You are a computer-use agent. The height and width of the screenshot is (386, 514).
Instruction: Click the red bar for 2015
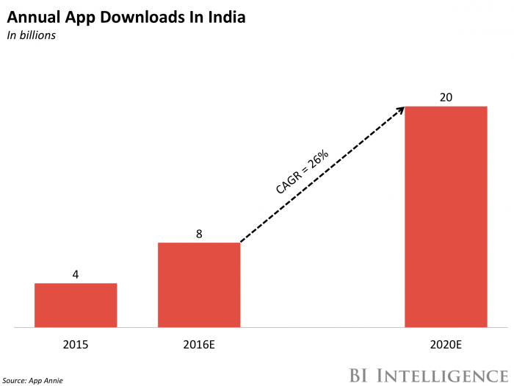[76, 304]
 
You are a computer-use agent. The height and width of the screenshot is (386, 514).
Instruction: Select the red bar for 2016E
[199, 285]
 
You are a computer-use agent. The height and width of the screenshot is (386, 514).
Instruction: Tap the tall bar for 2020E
[446, 216]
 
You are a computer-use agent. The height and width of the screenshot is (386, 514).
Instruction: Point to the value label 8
[199, 234]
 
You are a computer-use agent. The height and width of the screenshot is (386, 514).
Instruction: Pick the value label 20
[446, 97]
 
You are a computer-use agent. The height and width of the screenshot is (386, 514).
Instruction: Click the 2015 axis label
[76, 343]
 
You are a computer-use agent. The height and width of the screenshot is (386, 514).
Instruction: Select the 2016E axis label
[199, 343]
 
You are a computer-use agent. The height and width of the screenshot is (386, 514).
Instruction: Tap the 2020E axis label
[446, 343]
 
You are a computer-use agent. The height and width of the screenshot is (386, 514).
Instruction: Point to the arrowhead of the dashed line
[400, 110]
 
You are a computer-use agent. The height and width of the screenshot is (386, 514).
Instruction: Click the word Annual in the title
[30, 16]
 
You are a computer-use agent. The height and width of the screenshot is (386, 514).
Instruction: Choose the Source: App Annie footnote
[32, 379]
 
